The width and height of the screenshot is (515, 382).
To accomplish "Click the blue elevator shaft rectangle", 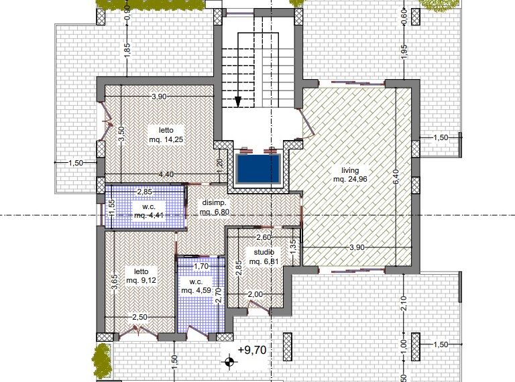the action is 258,169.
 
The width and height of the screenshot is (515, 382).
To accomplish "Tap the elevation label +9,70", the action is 252,350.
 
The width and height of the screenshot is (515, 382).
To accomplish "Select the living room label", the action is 350,170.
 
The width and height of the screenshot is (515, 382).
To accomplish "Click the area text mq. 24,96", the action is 350,179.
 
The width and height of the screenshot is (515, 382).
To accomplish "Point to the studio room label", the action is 264,253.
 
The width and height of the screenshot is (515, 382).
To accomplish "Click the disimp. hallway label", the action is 214,202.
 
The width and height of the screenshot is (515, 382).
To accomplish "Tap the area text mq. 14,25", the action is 166,139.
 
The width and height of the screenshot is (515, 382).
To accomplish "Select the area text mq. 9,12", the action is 141,281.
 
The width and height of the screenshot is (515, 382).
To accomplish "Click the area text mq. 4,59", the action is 196,290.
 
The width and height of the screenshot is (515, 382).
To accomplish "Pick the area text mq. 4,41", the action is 149,216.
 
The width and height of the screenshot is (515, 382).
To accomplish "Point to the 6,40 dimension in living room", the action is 396,176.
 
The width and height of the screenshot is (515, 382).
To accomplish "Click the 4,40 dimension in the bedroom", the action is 166,175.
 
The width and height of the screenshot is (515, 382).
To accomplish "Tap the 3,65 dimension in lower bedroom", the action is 114,282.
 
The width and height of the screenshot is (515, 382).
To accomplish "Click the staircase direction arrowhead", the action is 238,102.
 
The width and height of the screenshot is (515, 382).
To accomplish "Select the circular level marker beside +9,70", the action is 229,363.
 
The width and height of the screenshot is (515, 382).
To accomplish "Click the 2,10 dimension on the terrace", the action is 404,303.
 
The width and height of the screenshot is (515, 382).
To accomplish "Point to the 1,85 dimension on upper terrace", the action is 127,52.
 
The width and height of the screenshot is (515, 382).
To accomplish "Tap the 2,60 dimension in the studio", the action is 264,237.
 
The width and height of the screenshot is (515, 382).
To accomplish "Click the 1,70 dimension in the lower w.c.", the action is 201,266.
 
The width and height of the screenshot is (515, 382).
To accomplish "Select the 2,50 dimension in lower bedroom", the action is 139,318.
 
